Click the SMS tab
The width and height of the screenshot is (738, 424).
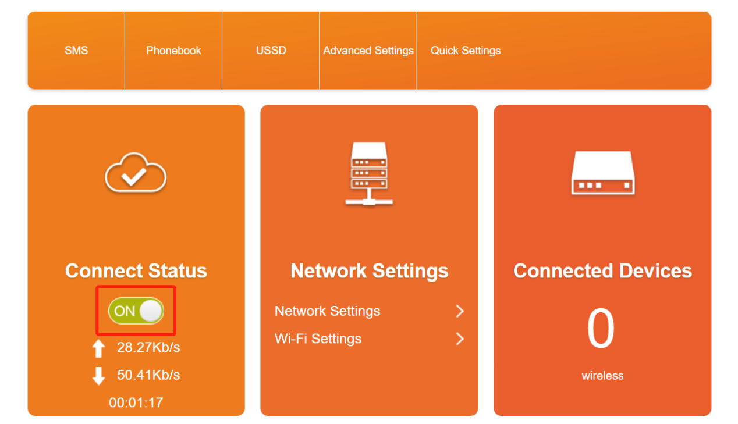coord(76,51)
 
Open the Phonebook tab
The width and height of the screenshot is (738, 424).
coord(173,51)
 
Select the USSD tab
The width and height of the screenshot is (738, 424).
coord(271,51)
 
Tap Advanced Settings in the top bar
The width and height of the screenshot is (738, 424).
coord(368,51)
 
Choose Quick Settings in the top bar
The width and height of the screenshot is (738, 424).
coord(466,51)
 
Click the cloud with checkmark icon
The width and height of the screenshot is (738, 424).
coord(136,173)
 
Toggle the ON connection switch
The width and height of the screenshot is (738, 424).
coord(136,311)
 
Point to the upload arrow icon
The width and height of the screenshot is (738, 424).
coord(99,348)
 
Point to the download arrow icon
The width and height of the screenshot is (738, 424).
coord(99,376)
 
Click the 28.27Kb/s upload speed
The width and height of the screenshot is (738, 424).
coord(148,348)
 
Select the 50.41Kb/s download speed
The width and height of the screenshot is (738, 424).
coord(148,375)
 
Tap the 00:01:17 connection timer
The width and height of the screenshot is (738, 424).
coord(136,402)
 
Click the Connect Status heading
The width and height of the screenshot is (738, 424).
coord(136,271)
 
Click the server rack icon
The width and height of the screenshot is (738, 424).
coord(369,174)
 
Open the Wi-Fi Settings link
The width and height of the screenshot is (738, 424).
coord(318,339)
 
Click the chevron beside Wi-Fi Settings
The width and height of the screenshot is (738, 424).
coord(460,339)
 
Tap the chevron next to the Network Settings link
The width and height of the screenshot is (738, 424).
coord(460,311)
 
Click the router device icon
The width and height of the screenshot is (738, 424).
coord(602,173)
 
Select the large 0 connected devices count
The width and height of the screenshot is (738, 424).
coord(601,329)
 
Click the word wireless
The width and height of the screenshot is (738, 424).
coord(602,376)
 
